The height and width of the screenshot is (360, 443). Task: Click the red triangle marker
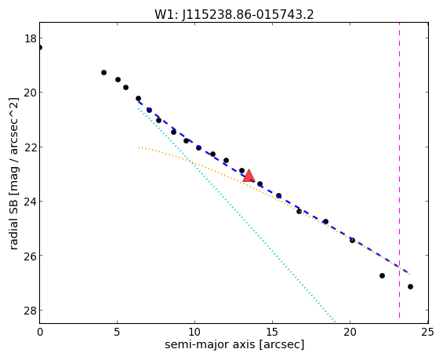[x=249, y=176]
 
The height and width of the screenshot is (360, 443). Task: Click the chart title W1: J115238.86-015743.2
[x=234, y=14]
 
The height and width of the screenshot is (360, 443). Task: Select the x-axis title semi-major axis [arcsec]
[x=234, y=344]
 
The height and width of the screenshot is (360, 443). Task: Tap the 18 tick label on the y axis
[x=31, y=38]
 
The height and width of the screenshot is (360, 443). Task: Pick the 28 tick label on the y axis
[x=31, y=311]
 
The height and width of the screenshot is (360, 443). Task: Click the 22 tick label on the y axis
[x=31, y=147]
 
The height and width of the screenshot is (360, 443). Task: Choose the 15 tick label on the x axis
[x=272, y=333]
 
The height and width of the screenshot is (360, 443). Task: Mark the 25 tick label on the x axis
[x=428, y=333]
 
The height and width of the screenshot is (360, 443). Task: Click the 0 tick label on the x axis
[x=40, y=333]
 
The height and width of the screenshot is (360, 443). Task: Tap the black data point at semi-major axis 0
[x=40, y=48]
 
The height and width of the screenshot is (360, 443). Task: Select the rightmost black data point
[x=410, y=286]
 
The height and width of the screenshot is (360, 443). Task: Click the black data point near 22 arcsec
[x=382, y=275]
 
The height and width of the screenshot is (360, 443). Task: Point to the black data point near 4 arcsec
[x=103, y=73]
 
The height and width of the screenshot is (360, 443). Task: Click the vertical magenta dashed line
[x=399, y=170]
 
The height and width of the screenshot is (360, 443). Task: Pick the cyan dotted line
[x=237, y=216]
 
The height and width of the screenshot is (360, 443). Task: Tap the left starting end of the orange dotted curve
[x=139, y=147]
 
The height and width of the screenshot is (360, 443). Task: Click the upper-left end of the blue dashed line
[x=139, y=101]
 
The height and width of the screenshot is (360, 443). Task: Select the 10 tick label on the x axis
[x=194, y=333]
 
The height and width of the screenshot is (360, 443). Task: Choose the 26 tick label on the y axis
[x=31, y=256]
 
